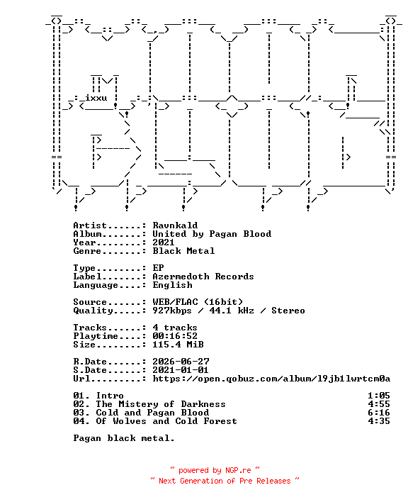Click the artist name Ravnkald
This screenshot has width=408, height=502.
click(x=175, y=225)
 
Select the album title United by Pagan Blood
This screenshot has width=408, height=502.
click(x=212, y=234)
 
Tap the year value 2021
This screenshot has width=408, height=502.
click(x=164, y=242)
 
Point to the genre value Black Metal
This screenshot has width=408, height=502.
click(x=183, y=251)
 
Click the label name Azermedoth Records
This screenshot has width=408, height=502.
click(x=203, y=277)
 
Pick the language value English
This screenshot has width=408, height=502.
click(x=172, y=285)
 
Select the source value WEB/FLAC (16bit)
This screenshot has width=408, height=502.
click(x=198, y=302)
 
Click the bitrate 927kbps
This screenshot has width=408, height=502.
click(x=172, y=311)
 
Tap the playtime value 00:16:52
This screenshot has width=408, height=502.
click(x=175, y=336)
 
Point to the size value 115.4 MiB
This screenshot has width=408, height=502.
click(x=178, y=345)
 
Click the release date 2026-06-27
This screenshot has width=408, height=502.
click(x=181, y=362)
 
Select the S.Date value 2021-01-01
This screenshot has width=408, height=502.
click(x=181, y=370)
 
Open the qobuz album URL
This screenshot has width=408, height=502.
click(x=271, y=379)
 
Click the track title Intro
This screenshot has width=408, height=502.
click(x=110, y=396)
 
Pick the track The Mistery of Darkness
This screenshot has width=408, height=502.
click(x=161, y=404)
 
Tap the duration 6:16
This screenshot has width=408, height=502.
click(x=378, y=413)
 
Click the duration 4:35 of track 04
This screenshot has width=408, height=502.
click(x=378, y=421)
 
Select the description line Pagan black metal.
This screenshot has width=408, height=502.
click(x=124, y=438)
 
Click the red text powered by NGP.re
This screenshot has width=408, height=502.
click(x=215, y=470)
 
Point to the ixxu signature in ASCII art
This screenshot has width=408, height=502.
click(x=96, y=98)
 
